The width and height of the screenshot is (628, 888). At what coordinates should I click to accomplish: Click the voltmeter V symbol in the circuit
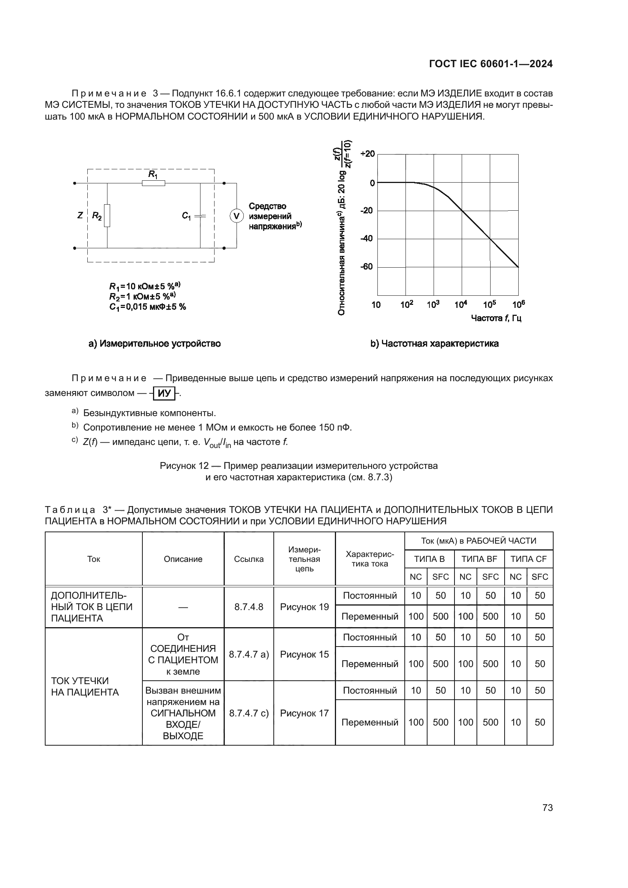237,216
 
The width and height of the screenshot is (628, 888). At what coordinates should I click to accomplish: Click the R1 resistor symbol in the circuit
153,183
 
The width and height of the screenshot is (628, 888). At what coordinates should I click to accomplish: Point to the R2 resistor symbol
107,215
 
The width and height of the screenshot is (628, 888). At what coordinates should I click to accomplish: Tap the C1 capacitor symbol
200,216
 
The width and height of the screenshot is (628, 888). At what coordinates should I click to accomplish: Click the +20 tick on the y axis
368,154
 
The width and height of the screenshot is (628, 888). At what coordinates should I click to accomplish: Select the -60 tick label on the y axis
367,267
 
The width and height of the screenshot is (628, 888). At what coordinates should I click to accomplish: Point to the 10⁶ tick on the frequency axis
519,305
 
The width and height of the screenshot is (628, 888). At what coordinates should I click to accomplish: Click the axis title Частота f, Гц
496,318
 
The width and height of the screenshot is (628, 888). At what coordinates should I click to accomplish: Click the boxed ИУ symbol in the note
164,393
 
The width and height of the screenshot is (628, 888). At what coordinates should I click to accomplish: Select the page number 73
548,808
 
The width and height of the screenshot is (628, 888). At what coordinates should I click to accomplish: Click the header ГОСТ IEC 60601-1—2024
491,64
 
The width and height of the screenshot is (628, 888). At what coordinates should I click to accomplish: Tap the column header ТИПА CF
528,559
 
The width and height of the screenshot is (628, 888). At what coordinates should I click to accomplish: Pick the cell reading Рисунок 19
305,607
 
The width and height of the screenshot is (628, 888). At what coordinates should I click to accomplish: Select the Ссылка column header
249,559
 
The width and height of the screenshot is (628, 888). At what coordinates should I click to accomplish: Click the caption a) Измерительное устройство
155,344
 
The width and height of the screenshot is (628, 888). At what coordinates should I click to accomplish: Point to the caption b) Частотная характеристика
435,344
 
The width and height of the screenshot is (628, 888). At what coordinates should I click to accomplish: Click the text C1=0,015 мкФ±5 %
147,307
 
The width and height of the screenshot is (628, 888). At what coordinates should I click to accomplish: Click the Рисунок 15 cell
305,654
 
